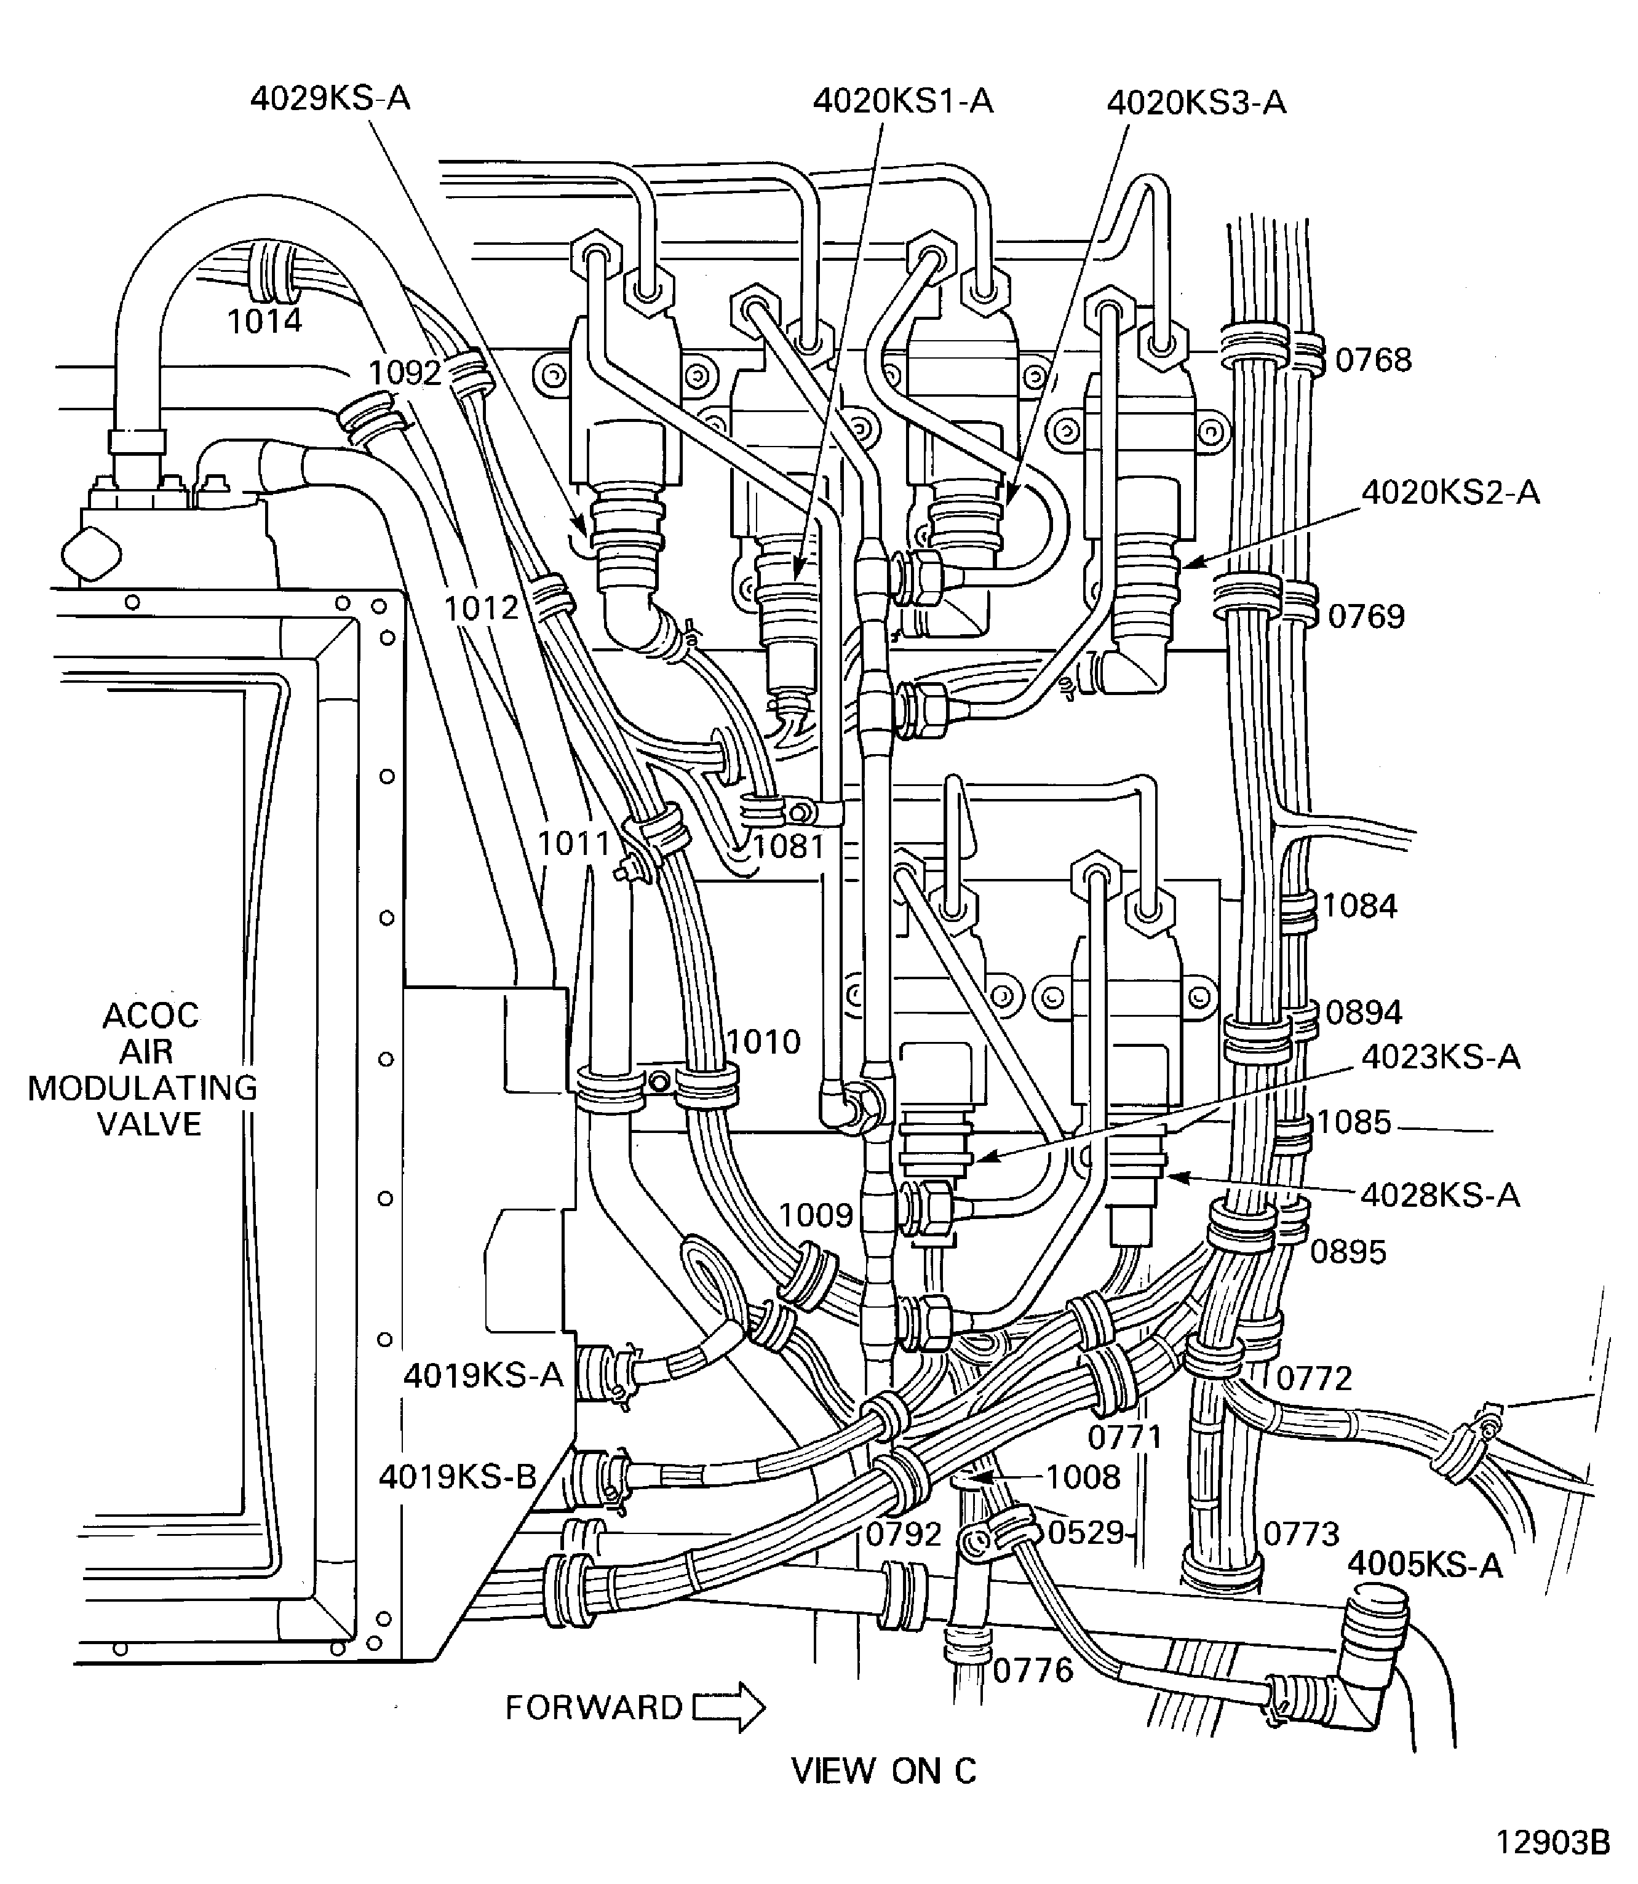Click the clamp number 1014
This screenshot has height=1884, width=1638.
(x=264, y=322)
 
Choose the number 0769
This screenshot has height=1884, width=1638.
(x=1366, y=616)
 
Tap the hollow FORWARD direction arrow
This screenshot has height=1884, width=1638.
(x=728, y=1707)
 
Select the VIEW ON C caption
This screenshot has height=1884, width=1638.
(x=883, y=1771)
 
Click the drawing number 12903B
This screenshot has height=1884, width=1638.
(x=1552, y=1842)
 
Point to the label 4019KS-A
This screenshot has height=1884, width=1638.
(x=483, y=1375)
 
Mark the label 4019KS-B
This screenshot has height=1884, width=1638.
(x=457, y=1476)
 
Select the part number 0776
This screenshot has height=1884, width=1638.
(x=1032, y=1671)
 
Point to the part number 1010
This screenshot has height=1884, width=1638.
(x=763, y=1041)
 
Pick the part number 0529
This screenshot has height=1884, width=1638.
(x=1085, y=1532)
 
